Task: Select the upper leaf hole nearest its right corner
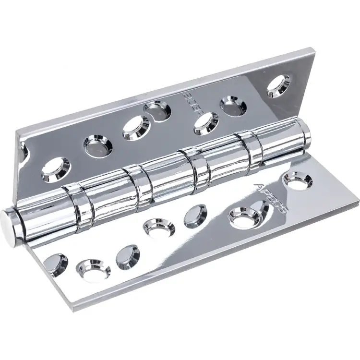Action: pyautogui.click(x=278, y=84)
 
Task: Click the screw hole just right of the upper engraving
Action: pyautogui.click(x=206, y=123)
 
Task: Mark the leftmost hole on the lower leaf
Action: pyautogui.click(x=55, y=263)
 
